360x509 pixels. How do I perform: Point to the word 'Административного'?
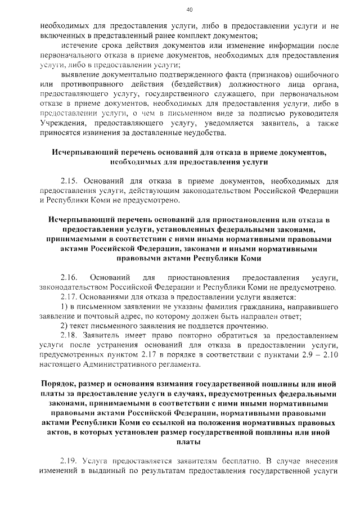pos(127,364)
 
